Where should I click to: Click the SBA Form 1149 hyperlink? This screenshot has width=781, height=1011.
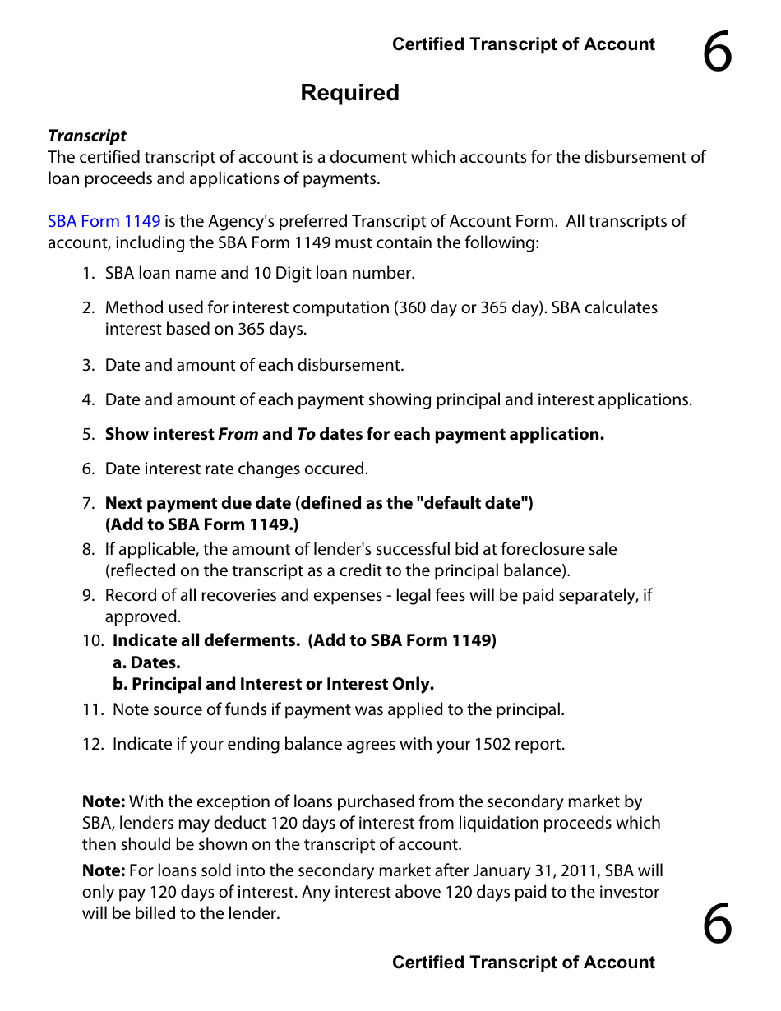tap(104, 221)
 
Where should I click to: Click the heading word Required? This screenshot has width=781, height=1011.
tap(349, 93)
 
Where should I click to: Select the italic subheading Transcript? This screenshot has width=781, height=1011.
tap(87, 136)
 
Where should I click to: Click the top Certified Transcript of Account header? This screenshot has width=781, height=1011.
tap(523, 45)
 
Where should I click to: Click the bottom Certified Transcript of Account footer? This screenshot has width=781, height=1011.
tap(523, 963)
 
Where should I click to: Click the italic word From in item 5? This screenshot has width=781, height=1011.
tap(238, 434)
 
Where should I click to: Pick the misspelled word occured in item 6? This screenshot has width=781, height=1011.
tap(337, 469)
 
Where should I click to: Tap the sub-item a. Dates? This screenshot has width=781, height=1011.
tap(146, 662)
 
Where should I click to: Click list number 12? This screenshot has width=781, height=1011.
tap(91, 744)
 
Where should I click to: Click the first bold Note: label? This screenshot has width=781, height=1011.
tap(104, 801)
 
